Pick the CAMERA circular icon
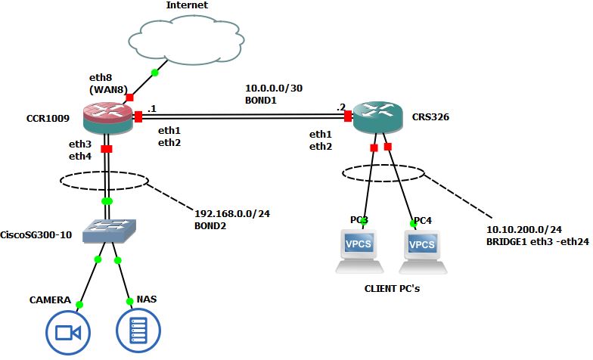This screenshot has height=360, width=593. tap(68, 332)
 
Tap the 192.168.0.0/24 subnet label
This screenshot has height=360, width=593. tap(232, 213)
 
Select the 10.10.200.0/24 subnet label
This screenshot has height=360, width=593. tap(523, 228)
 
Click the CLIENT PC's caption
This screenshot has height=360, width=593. tap(393, 288)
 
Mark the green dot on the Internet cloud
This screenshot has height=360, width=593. tap(154, 73)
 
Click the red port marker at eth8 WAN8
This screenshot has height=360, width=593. tap(129, 98)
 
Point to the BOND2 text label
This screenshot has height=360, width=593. tap(211, 225)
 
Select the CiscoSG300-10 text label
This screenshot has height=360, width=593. tap(37, 234)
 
